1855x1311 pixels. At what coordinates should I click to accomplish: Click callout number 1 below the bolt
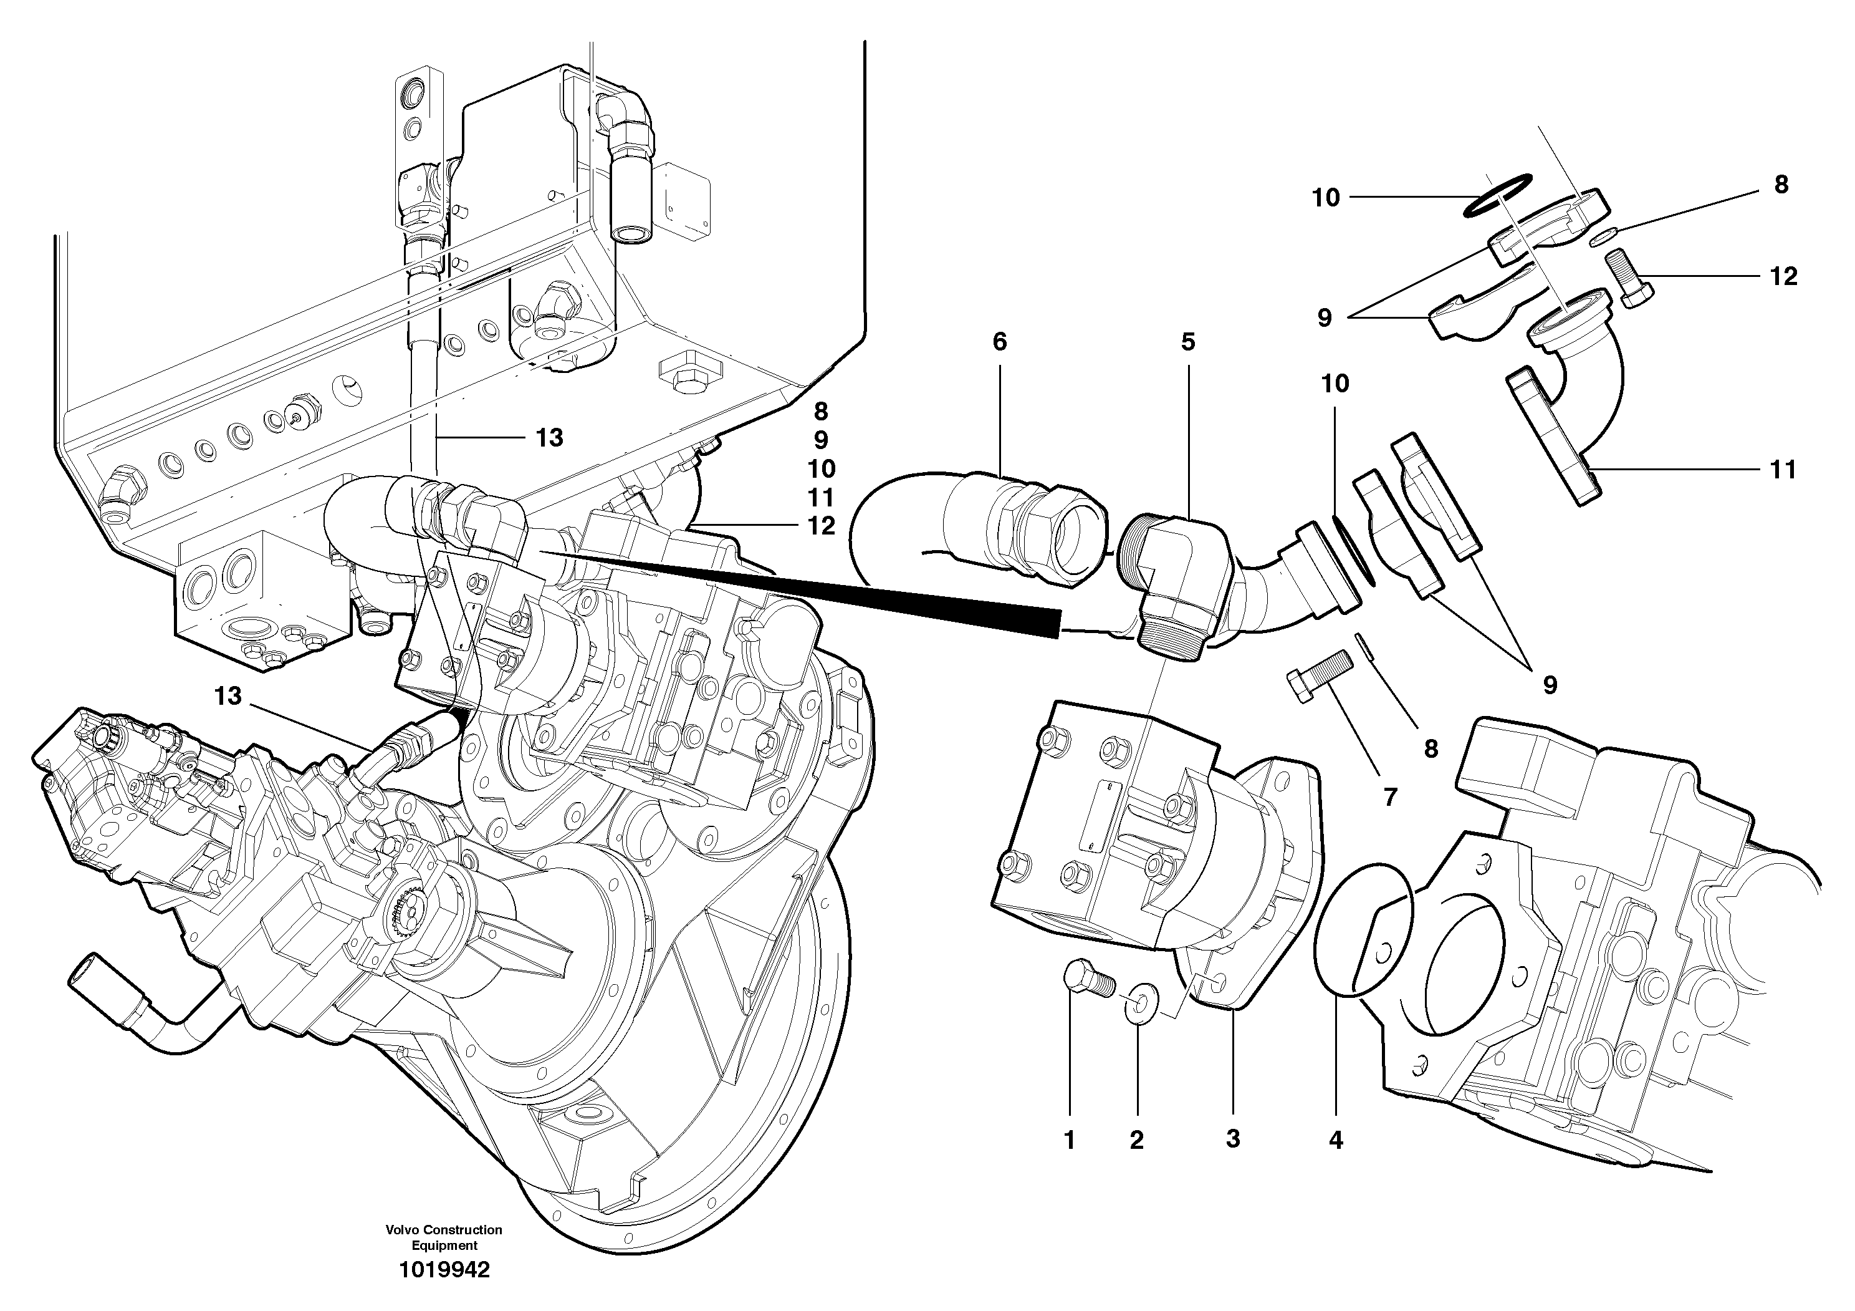[1070, 1141]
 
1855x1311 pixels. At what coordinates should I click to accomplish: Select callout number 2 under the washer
[1137, 1141]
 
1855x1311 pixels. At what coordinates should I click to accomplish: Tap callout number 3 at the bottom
[1233, 1139]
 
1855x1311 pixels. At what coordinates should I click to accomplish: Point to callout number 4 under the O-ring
[1336, 1141]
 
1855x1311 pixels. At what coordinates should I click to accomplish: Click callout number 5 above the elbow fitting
[1187, 342]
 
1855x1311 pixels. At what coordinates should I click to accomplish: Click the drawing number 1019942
[444, 1270]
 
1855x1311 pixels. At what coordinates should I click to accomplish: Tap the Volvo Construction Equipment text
[444, 1237]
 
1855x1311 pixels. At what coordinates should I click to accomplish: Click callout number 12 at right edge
[1783, 276]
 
